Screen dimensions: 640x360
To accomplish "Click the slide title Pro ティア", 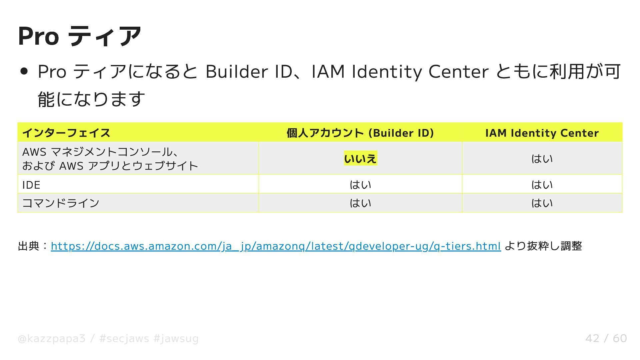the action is tap(79, 36).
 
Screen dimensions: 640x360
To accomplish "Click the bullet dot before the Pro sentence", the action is tap(24, 72).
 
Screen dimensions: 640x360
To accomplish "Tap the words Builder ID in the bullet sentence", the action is tap(249, 72).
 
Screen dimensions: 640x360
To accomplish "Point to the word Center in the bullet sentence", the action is tap(458, 72).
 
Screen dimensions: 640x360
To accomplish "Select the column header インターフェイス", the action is tap(66, 133).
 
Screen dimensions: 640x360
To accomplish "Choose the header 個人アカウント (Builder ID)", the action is tap(360, 133).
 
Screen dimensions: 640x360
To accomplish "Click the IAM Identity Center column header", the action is tap(542, 133).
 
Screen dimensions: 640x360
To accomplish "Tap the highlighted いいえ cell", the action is tap(360, 159).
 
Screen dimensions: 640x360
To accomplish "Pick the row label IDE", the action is tap(31, 185).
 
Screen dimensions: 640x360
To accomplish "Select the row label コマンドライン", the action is tap(61, 203).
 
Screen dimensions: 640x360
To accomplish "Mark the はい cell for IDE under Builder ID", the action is tap(360, 185).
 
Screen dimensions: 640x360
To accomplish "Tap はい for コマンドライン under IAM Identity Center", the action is tap(542, 203).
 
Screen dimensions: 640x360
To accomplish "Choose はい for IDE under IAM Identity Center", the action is tap(542, 185).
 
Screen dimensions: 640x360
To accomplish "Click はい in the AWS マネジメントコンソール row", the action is tap(542, 159).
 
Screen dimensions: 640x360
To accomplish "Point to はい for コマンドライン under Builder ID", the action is tap(360, 203).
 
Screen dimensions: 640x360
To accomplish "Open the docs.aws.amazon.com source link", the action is tap(276, 246).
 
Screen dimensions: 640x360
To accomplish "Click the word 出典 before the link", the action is tap(29, 246).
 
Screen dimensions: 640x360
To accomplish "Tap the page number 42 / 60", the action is tap(606, 338).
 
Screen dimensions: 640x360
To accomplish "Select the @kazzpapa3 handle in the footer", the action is tap(52, 339).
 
